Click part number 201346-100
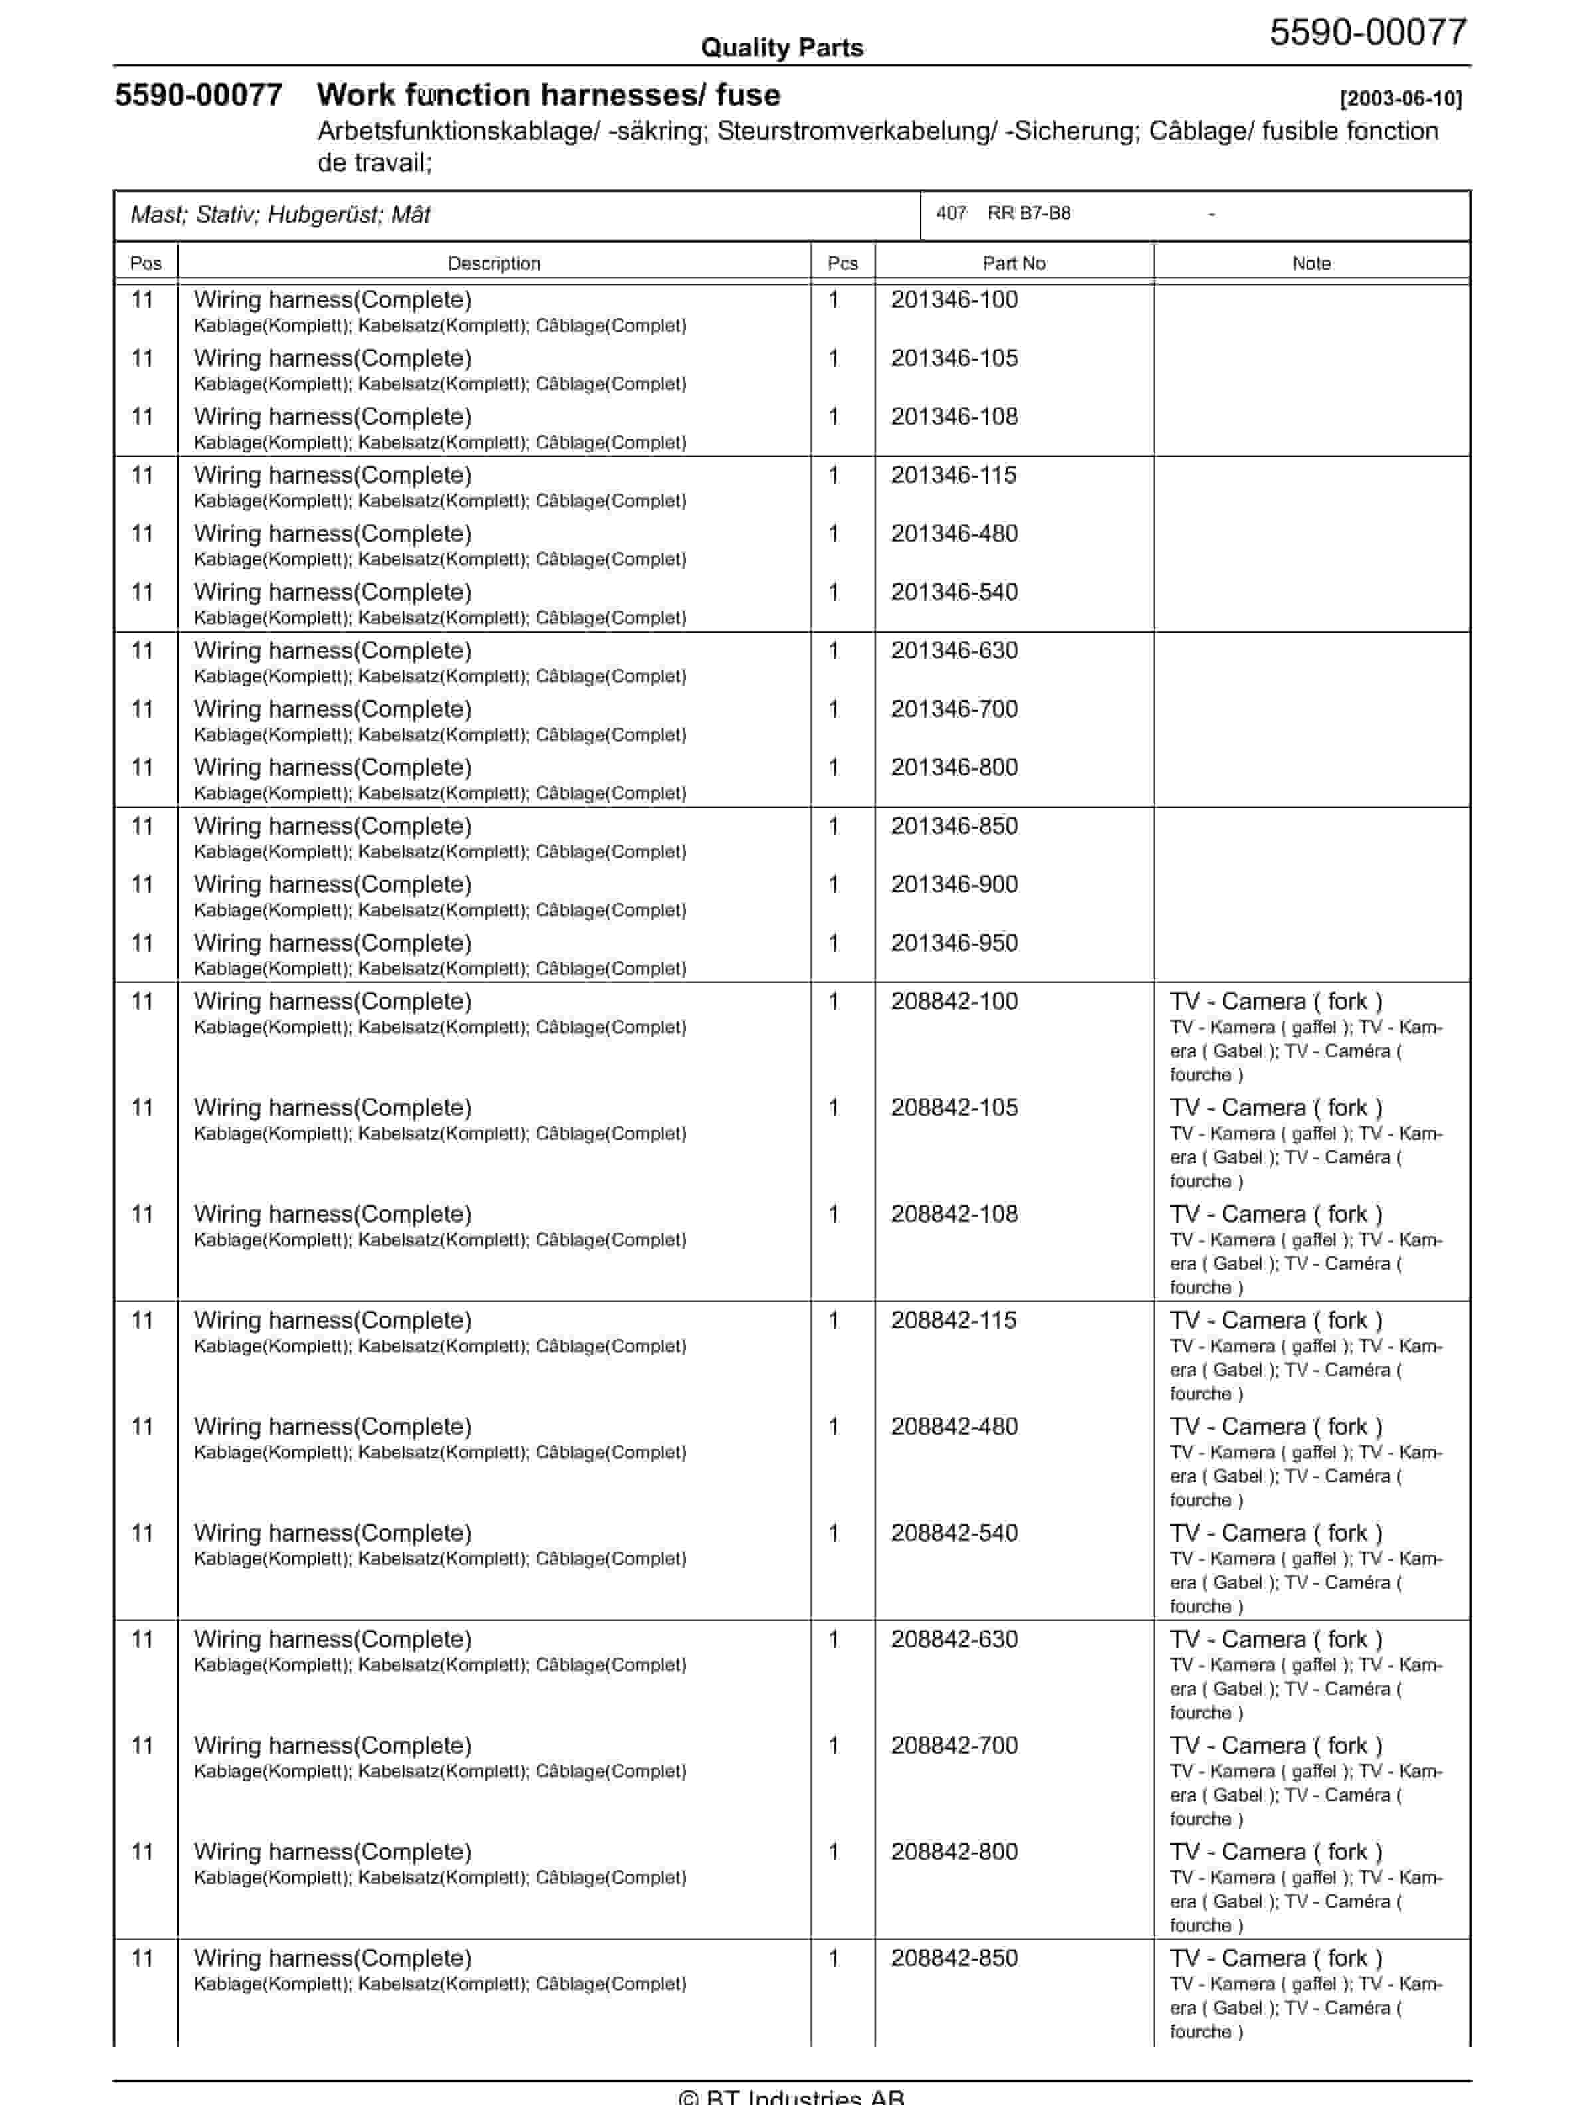[954, 300]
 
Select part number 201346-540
[954, 592]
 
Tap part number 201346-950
[954, 943]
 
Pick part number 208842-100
[954, 1001]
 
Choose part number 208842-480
[954, 1427]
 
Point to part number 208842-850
[954, 1958]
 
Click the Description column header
[493, 264]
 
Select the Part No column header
[1014, 264]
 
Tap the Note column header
[1311, 264]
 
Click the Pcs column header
[842, 264]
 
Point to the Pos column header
[146, 264]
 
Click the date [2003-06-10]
[1400, 98]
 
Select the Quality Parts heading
[782, 48]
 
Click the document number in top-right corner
[1368, 33]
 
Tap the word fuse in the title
[747, 95]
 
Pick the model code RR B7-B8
[1028, 213]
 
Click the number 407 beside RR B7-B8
[951, 213]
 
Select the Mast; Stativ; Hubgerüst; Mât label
[280, 215]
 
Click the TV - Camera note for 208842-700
[1276, 1746]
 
